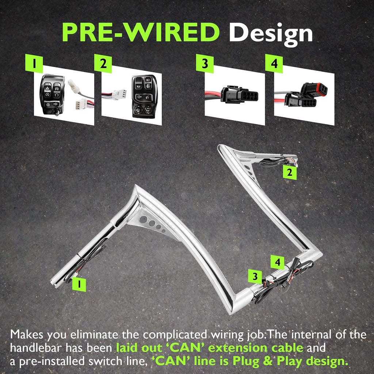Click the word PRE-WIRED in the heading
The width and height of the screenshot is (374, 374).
[x=140, y=33]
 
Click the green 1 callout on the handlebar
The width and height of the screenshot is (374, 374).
[x=79, y=284]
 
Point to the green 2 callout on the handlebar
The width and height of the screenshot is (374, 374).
[x=290, y=172]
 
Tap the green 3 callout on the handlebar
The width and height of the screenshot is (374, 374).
[x=255, y=276]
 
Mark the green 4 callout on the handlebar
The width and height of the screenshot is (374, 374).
[x=278, y=262]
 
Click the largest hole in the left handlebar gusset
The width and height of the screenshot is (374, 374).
[x=143, y=220]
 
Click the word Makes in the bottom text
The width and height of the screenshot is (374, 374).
[x=26, y=335]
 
